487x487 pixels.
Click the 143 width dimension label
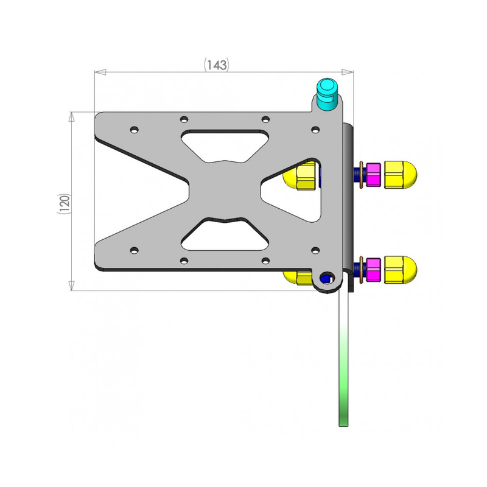[x=216, y=65]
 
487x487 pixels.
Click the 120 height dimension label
[x=65, y=203]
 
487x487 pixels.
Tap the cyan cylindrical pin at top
[x=327, y=94]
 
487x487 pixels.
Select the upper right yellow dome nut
[x=401, y=175]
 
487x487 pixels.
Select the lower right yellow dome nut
[x=401, y=270]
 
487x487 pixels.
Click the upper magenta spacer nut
[x=373, y=175]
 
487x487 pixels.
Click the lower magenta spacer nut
[x=373, y=270]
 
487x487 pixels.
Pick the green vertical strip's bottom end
[x=343, y=426]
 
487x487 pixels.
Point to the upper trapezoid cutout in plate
[x=225, y=146]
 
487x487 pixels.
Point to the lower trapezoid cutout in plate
[x=225, y=234]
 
